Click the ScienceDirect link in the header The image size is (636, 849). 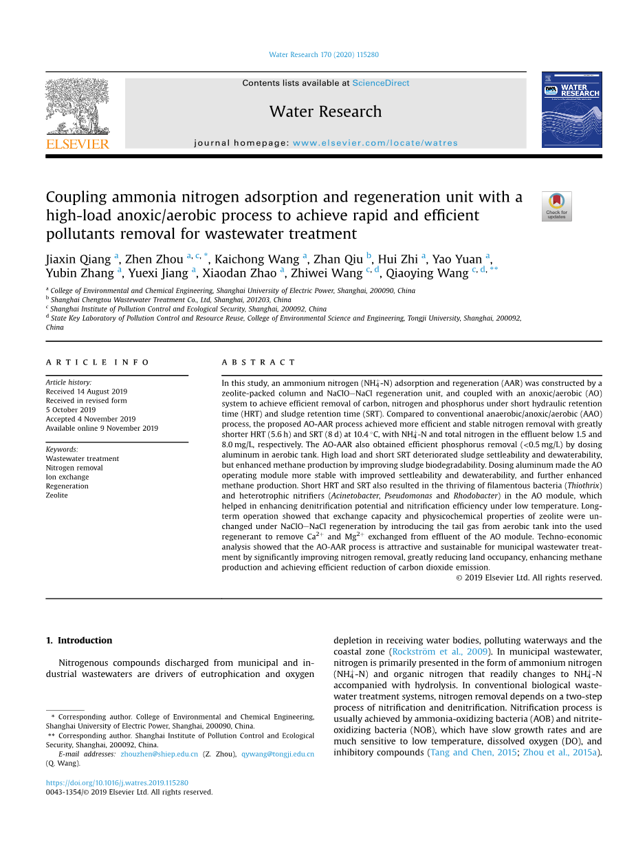[380, 83]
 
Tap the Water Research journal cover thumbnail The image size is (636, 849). [571, 109]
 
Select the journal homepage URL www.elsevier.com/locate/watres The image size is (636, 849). [375, 143]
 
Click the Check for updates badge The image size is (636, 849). [556, 206]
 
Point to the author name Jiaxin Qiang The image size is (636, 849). [78, 259]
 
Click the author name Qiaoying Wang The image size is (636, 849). [426, 273]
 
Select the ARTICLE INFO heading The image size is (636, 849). [98, 362]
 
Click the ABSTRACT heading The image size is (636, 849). [259, 362]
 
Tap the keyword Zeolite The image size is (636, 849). [57, 495]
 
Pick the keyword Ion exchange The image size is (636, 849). [67, 477]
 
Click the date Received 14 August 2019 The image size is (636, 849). [87, 391]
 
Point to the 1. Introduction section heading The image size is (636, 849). [79, 641]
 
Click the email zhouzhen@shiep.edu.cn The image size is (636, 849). [160, 754]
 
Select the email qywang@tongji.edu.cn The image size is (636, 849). [278, 754]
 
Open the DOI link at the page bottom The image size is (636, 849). [117, 783]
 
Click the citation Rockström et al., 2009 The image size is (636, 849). [439, 652]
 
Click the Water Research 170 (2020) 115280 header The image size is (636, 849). [324, 55]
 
